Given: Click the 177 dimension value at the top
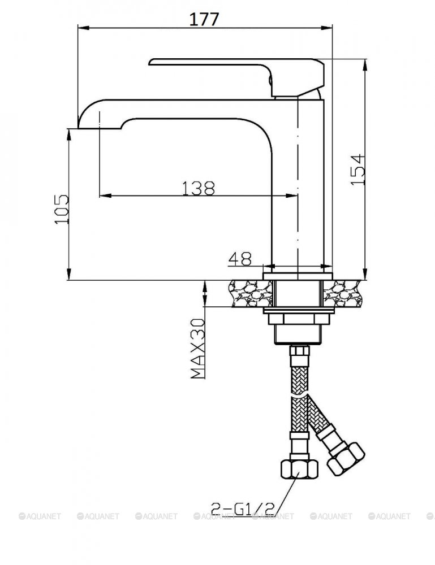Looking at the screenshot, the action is click(x=204, y=19).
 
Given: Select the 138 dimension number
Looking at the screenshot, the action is click(x=198, y=188).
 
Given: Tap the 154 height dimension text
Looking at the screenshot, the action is click(x=358, y=169).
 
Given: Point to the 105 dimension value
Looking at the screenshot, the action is click(x=62, y=210).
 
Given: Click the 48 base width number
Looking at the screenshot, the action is click(x=240, y=258).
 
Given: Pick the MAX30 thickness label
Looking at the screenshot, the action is click(x=197, y=349).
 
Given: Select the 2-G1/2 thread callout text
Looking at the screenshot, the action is click(x=243, y=508).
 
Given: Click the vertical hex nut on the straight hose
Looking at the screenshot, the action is click(x=299, y=468).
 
